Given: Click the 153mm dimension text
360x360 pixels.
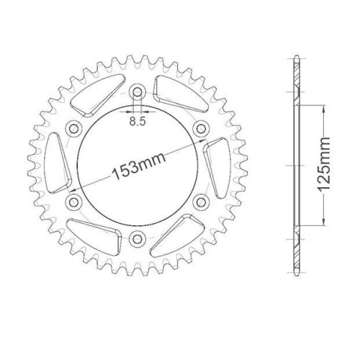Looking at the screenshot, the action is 139,166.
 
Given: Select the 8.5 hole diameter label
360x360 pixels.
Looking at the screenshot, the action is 138,122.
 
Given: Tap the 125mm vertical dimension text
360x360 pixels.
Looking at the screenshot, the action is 324,165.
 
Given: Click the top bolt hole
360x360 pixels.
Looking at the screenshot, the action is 138,91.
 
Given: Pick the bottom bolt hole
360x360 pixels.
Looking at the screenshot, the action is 138,238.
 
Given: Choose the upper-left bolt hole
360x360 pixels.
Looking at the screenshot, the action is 73,129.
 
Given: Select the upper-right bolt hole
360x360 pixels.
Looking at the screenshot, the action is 201,129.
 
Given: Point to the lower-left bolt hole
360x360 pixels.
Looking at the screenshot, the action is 73,202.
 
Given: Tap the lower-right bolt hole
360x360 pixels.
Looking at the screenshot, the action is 201,202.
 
